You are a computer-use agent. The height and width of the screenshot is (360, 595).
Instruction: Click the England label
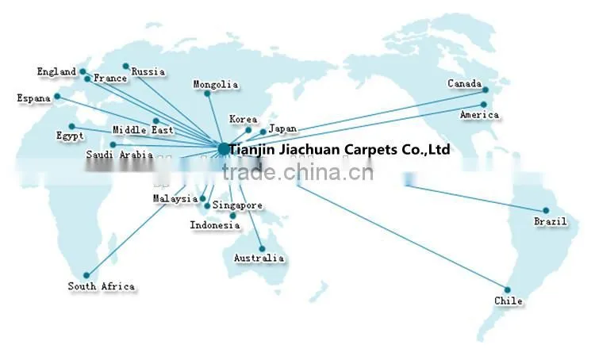click(x=56, y=71)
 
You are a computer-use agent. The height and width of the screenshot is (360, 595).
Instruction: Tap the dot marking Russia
click(x=126, y=67)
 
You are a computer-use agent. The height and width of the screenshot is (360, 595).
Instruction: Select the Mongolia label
click(x=216, y=84)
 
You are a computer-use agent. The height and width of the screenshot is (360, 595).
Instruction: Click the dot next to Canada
click(x=486, y=90)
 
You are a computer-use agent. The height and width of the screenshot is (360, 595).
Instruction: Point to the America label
click(x=479, y=114)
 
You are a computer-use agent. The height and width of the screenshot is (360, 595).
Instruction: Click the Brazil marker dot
click(x=546, y=211)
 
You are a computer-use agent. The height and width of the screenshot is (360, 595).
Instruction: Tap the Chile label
click(x=508, y=301)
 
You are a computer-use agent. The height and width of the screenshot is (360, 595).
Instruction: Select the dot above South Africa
click(x=86, y=275)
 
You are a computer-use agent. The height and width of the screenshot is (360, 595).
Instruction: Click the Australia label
click(x=259, y=259)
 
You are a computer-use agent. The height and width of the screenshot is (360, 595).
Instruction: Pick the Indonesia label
click(x=215, y=225)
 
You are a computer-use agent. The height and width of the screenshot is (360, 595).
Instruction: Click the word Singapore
click(x=237, y=205)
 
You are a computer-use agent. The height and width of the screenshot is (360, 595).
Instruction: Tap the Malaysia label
click(x=175, y=198)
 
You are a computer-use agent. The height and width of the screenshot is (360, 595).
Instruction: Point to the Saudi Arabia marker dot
click(x=113, y=145)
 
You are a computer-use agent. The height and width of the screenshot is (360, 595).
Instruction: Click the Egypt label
click(x=70, y=136)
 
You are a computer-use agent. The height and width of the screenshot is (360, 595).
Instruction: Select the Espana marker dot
click(x=57, y=97)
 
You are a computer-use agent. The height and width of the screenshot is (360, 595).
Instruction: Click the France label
click(x=110, y=79)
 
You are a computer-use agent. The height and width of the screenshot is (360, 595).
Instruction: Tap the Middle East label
click(x=143, y=130)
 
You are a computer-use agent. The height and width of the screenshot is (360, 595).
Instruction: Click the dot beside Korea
click(x=248, y=130)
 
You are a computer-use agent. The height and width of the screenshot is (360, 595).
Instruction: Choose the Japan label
click(x=282, y=128)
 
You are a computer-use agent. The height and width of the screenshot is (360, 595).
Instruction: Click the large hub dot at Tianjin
click(x=224, y=149)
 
